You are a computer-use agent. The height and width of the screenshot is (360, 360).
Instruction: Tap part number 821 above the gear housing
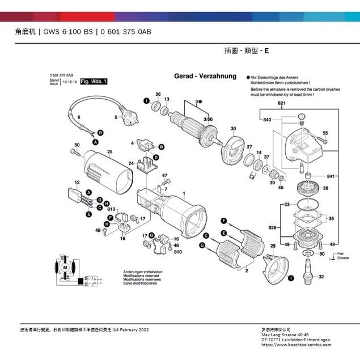tap(281, 104)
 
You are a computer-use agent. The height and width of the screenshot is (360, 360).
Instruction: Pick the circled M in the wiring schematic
tap(65, 266)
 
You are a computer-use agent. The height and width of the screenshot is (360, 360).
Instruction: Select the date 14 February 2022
tap(131, 329)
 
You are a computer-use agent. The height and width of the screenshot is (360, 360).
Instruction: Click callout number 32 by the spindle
tap(321, 277)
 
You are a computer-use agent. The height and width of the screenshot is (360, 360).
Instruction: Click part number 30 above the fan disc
tap(232, 129)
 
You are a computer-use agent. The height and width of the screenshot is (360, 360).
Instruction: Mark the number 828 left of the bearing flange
tap(272, 227)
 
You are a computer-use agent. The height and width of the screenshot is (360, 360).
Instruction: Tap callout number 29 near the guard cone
tap(273, 245)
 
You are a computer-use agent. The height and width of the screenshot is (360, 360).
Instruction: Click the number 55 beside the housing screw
tap(325, 133)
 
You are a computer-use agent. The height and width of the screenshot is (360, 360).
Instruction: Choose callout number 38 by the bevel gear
tap(325, 188)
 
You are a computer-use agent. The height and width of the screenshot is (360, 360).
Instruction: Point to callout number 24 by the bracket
tap(130, 163)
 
